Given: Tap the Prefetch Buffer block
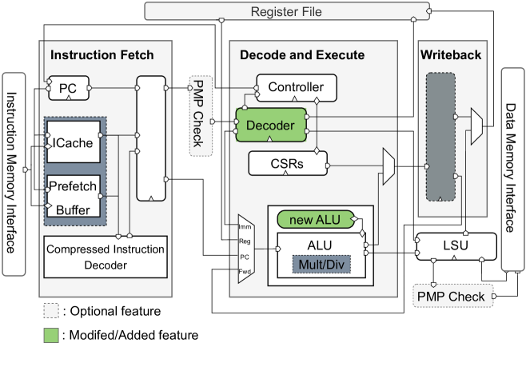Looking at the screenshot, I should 73,194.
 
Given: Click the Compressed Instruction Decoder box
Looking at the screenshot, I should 106,257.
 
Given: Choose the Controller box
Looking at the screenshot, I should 296,86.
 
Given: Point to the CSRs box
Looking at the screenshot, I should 286,164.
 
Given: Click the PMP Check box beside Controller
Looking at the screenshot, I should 198,117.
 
